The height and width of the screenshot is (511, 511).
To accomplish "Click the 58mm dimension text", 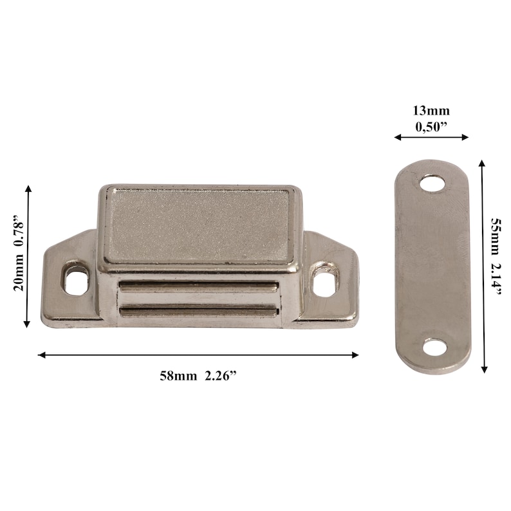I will pyautogui.click(x=178, y=377).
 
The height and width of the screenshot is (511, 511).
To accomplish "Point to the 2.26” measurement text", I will pyautogui.click(x=221, y=377).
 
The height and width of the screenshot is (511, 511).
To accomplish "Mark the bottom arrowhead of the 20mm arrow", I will pyautogui.click(x=28, y=324).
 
